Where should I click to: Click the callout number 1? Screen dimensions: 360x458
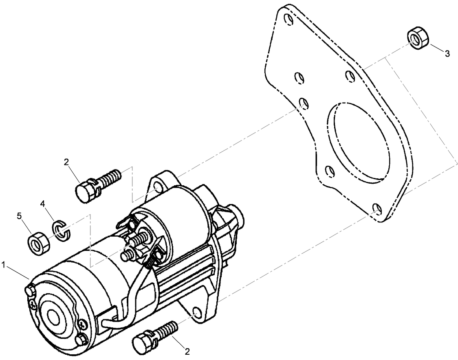tap(4, 265)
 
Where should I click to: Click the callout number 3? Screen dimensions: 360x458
tap(447, 53)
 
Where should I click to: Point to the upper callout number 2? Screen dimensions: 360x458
tap(66, 162)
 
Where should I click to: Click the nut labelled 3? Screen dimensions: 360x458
tap(417, 39)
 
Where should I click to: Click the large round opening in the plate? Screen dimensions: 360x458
tap(359, 140)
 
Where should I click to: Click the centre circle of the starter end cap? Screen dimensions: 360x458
tap(53, 316)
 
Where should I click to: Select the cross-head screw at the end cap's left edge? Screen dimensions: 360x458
tap(33, 303)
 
